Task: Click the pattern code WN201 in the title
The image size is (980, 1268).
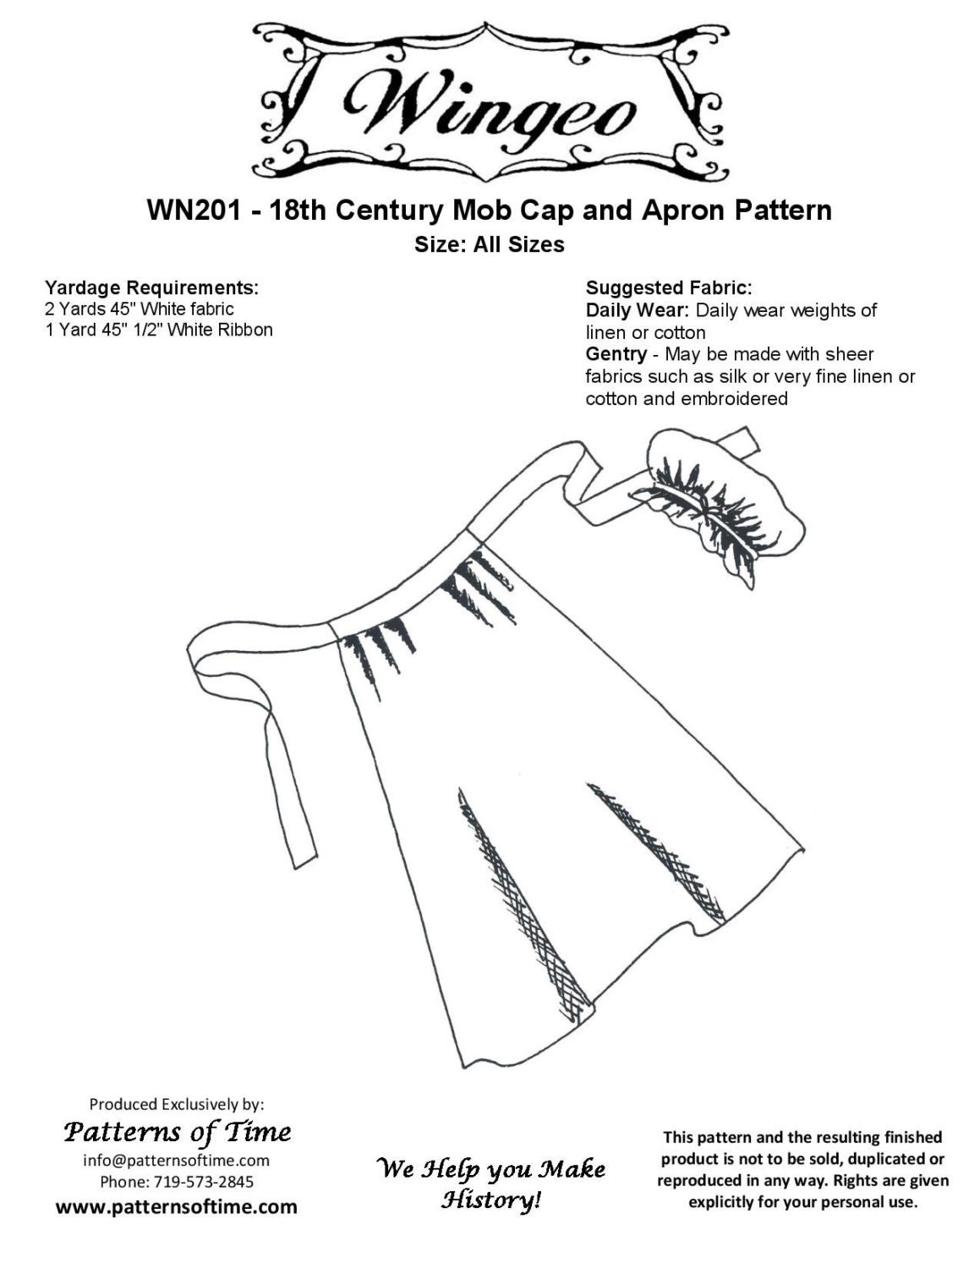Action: pos(194,210)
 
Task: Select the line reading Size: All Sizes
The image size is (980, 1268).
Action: pos(489,244)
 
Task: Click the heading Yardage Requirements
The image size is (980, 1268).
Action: pos(151,287)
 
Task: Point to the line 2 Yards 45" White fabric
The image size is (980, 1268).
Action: pos(139,309)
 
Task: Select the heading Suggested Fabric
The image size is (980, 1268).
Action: pos(669,287)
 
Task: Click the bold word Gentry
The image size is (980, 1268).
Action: pos(616,354)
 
